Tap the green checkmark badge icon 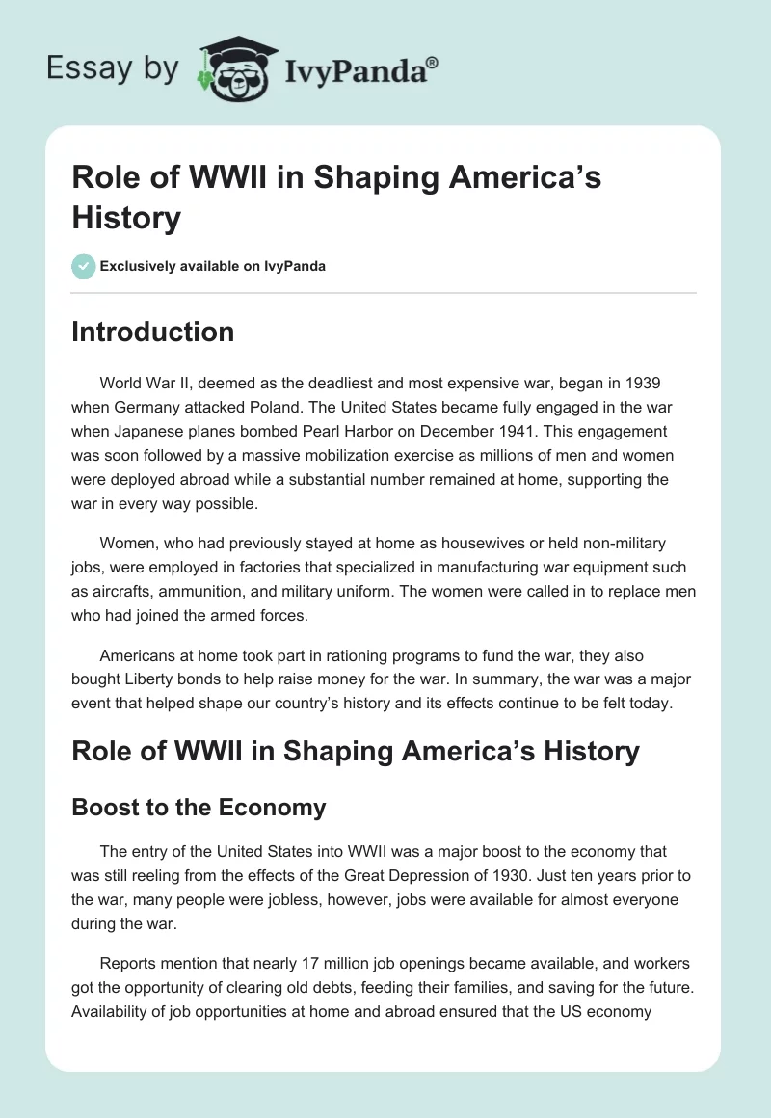tap(84, 266)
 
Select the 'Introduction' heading tap(152, 332)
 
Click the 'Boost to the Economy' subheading tap(199, 807)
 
